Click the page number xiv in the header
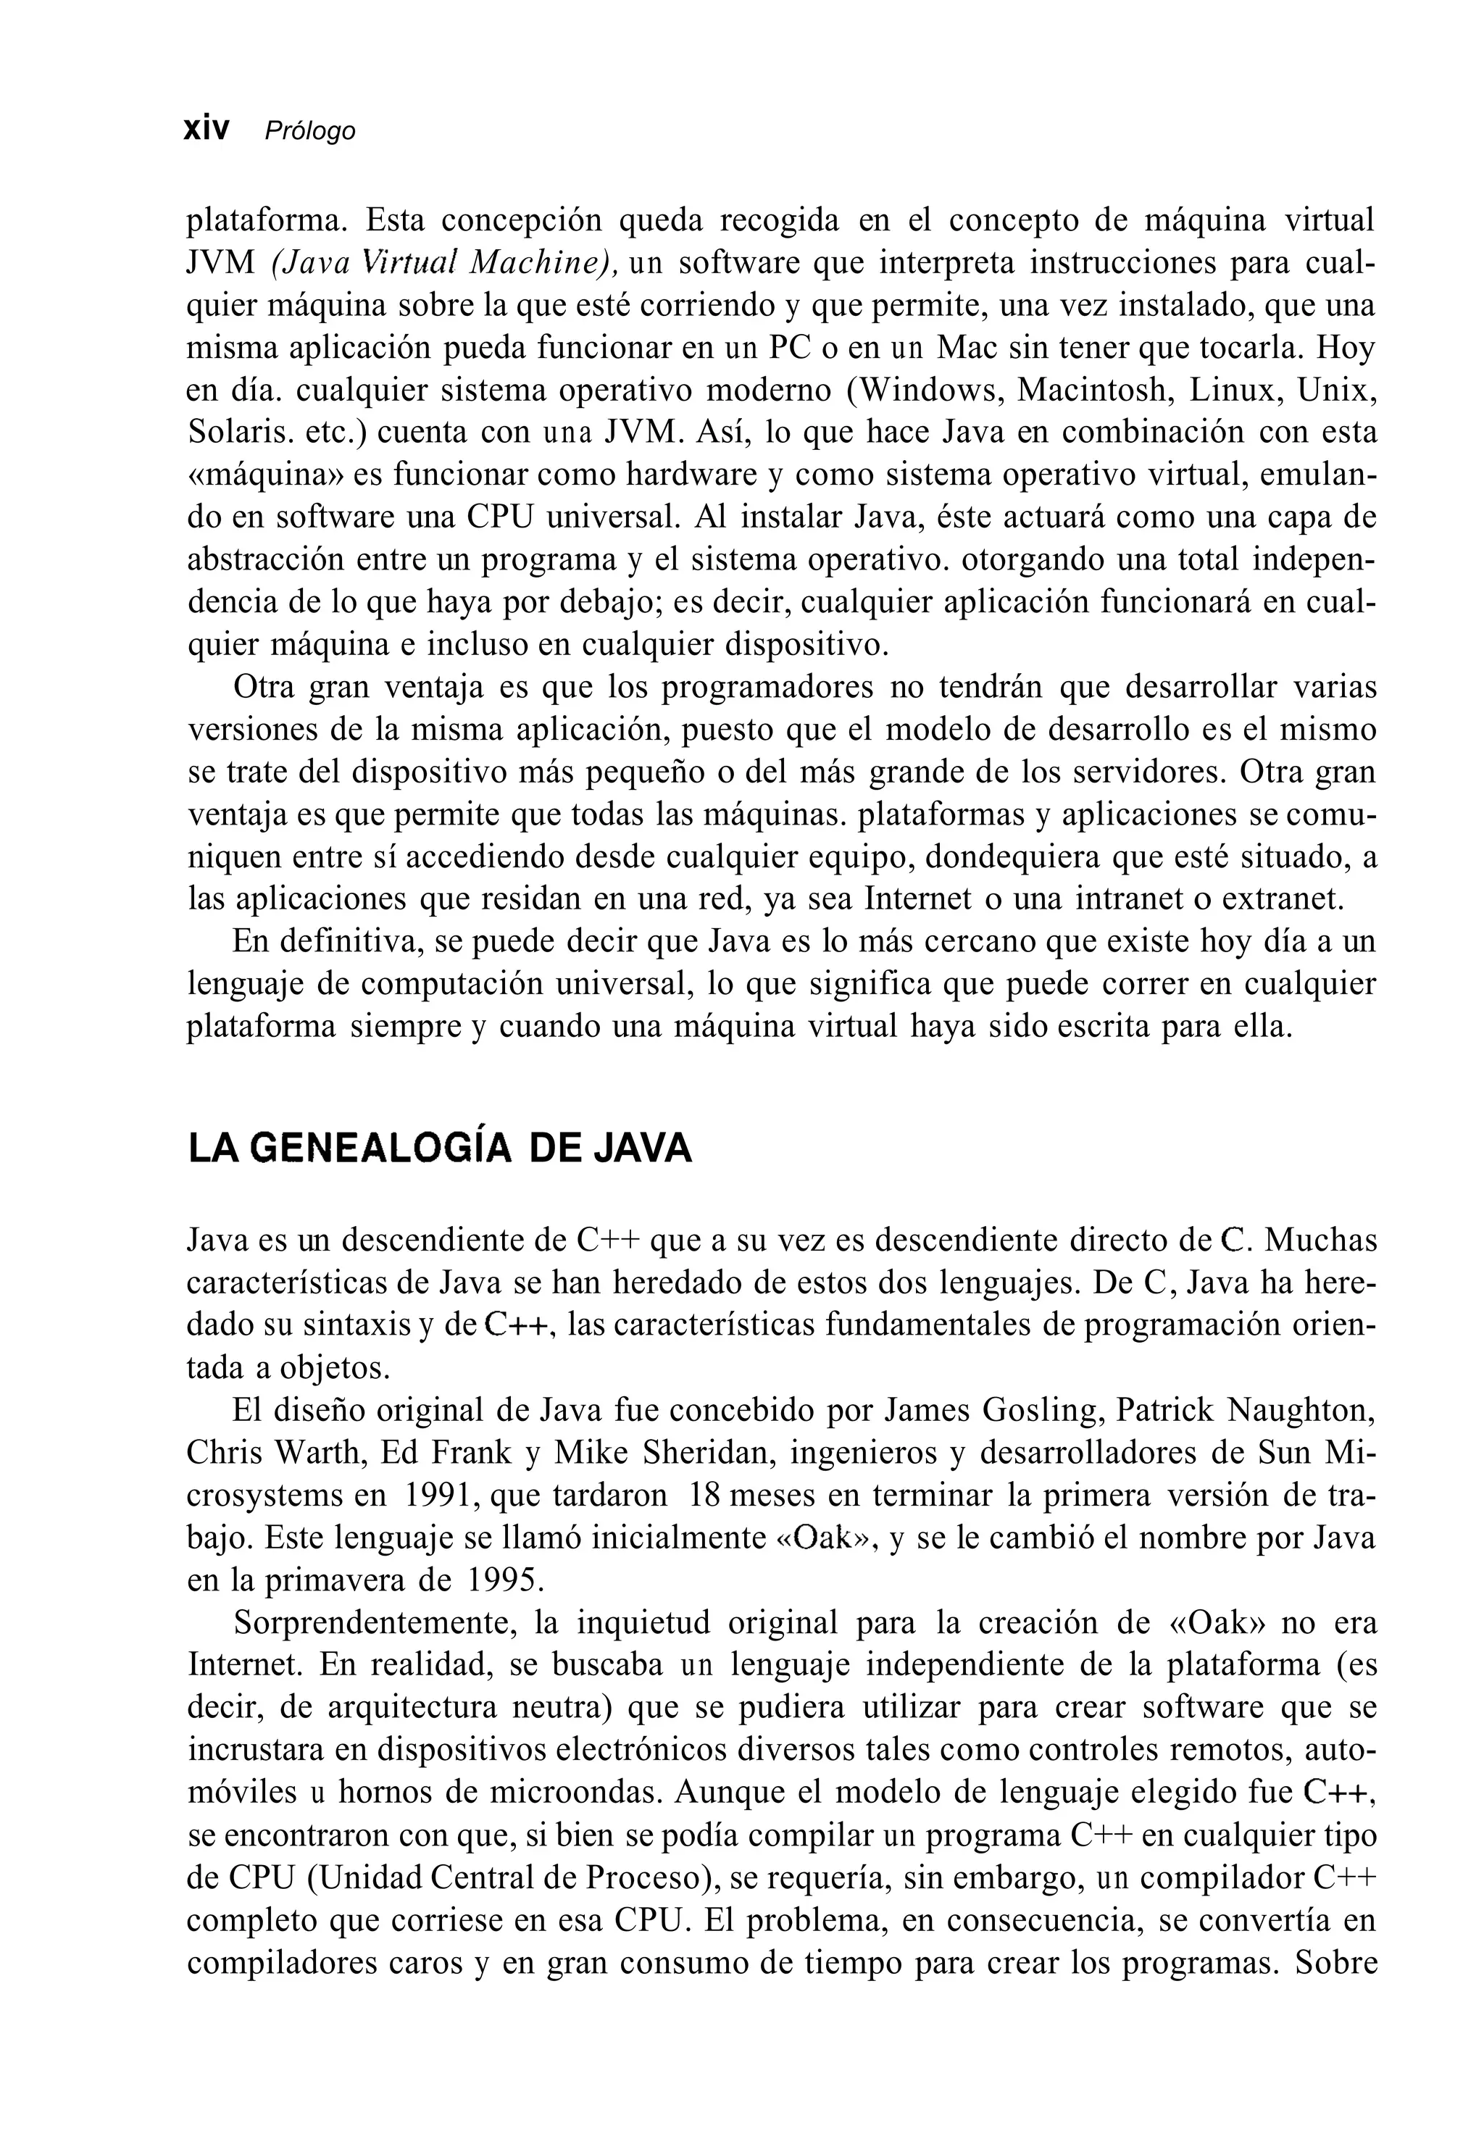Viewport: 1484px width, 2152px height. pyautogui.click(x=207, y=129)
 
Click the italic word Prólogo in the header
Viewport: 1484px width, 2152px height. pyautogui.click(x=309, y=131)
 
